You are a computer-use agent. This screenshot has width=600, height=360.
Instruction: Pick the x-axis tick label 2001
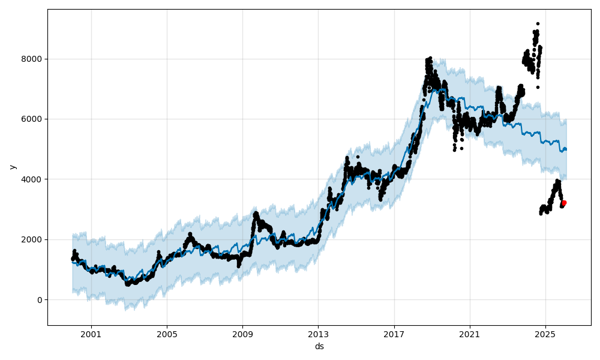coord(91,334)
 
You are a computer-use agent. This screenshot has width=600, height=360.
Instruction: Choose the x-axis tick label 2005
coord(167,334)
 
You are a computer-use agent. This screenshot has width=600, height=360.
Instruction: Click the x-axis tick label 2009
coord(242,334)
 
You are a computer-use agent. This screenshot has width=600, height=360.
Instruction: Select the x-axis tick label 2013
coord(318,334)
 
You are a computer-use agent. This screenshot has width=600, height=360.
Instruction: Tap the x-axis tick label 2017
coord(394,334)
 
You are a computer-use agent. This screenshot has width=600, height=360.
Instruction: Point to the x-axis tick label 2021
coord(470,334)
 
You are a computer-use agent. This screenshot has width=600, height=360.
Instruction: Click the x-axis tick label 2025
coord(545,334)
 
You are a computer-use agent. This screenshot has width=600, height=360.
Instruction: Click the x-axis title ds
coord(319,346)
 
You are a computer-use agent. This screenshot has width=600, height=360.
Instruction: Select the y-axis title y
coord(12,167)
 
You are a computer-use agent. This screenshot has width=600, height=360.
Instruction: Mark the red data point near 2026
coord(563,203)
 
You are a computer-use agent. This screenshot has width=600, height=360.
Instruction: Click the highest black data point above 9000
coord(538,23)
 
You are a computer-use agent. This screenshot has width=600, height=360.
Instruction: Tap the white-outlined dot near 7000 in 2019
coord(429,88)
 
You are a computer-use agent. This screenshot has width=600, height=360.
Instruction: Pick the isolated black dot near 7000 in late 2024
coord(538,87)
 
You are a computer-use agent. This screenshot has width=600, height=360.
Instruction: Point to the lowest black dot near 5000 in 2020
coord(454,149)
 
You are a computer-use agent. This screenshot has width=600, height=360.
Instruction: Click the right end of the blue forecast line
coord(566,149)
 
